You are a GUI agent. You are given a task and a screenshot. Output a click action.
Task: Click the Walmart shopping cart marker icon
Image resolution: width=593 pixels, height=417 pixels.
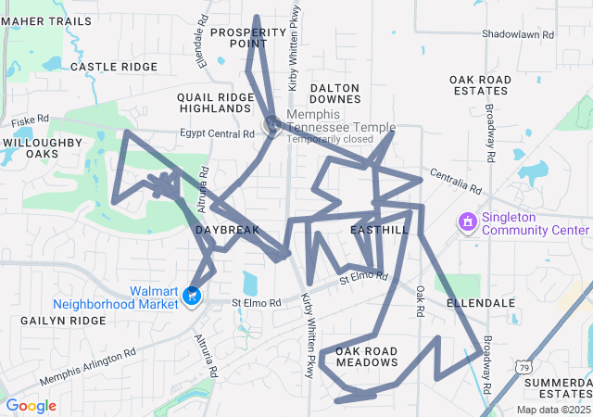[x=192, y=297]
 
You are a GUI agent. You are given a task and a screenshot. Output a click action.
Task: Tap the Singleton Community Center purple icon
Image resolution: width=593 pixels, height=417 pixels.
[x=467, y=223]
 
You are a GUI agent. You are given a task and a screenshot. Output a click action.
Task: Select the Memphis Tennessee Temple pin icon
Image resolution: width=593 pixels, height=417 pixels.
[x=271, y=121]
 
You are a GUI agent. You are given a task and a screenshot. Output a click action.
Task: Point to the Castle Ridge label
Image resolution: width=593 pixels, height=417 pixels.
[x=114, y=67]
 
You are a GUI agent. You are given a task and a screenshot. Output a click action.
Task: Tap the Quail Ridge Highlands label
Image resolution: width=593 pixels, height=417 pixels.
[x=215, y=102]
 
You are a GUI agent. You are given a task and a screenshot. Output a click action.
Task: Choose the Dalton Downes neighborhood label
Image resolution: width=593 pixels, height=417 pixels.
[x=335, y=92]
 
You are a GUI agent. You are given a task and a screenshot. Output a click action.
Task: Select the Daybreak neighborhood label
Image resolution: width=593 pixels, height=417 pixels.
[x=221, y=229]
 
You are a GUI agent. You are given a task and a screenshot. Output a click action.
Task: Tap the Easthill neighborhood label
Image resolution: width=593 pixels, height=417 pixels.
[x=380, y=229]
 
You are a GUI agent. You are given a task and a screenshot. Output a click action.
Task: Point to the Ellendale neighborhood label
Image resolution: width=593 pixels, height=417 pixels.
[x=480, y=303]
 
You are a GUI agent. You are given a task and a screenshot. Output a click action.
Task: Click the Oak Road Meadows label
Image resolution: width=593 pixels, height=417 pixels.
[x=366, y=356]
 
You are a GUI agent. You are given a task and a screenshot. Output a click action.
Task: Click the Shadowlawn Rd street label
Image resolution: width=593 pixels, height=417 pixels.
[x=517, y=34]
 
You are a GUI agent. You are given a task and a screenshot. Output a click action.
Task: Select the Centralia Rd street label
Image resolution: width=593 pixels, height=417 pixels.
[x=455, y=182]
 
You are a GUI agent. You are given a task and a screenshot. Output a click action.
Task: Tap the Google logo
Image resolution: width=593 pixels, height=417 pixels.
[x=32, y=405]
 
